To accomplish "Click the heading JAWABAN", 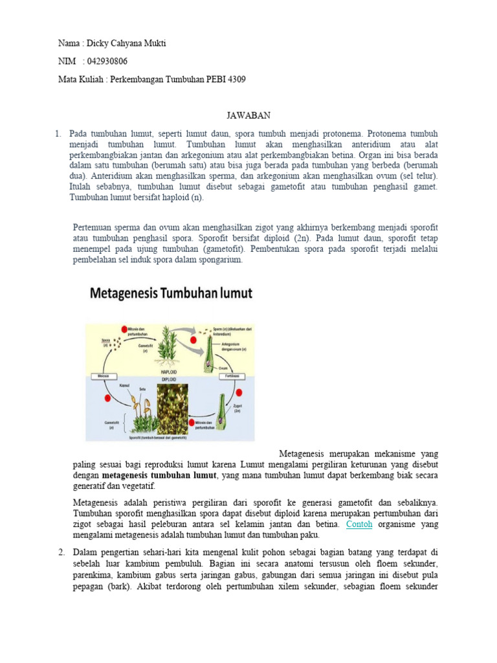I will click(x=248, y=115).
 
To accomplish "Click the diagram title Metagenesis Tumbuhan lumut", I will click(x=171, y=293).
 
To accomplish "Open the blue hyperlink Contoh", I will click(x=359, y=524).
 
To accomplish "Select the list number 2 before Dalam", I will click(x=61, y=552).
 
